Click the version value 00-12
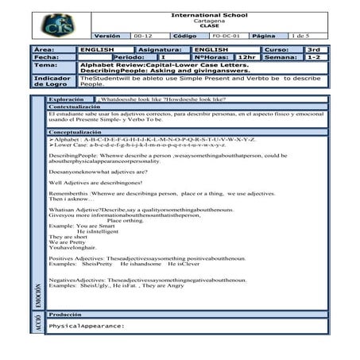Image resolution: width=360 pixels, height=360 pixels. (x=144, y=36)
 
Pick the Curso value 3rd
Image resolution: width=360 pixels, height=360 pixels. (x=314, y=49)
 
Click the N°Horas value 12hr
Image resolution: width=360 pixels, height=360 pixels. (x=248, y=57)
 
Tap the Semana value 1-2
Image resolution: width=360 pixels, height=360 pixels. (x=314, y=57)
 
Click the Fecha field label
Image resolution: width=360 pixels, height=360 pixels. (x=47, y=57)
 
